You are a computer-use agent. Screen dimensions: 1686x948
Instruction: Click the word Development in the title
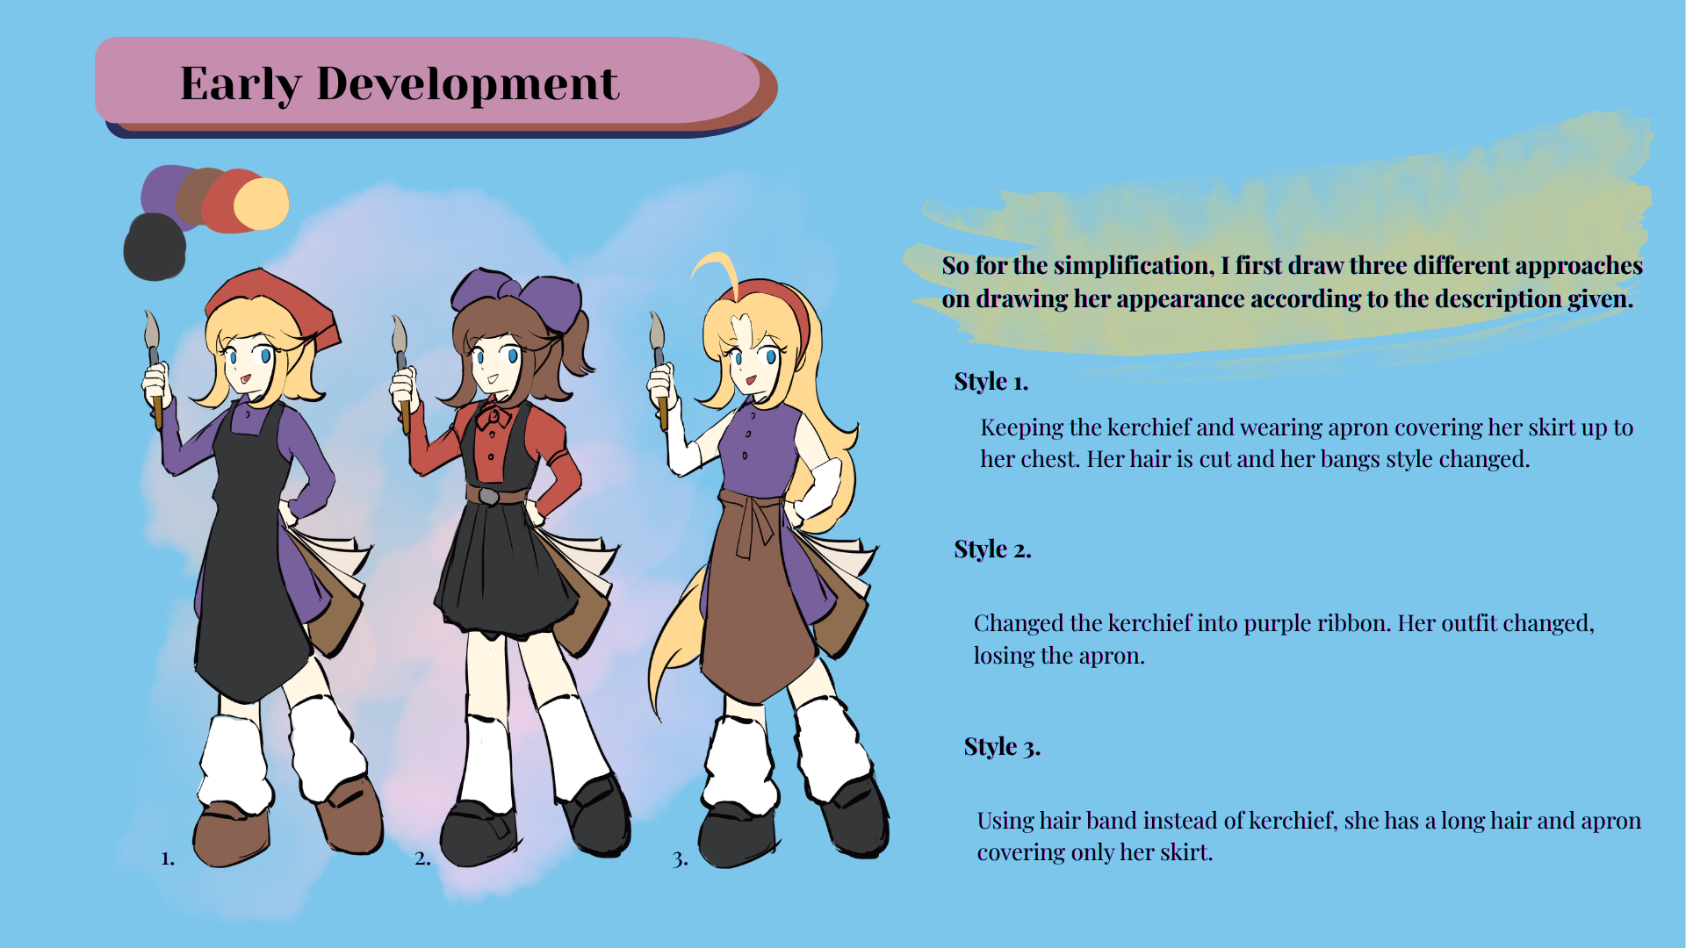tap(467, 84)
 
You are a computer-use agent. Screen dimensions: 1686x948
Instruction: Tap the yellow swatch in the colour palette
tap(263, 204)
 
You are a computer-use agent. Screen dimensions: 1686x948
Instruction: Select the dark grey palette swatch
tap(155, 247)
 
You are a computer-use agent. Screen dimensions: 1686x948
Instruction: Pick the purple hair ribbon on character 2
tap(518, 298)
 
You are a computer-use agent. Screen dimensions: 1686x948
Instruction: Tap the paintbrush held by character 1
tap(154, 369)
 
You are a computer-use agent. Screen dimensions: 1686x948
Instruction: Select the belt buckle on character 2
tap(489, 497)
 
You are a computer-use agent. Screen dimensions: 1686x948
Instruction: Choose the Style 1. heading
tap(991, 382)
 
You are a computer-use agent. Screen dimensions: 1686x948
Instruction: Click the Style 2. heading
tap(992, 549)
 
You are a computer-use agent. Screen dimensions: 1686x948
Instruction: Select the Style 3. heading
tap(1002, 747)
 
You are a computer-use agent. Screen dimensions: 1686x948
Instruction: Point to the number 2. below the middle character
tap(422, 858)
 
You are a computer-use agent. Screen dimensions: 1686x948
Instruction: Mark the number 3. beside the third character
tap(680, 858)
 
